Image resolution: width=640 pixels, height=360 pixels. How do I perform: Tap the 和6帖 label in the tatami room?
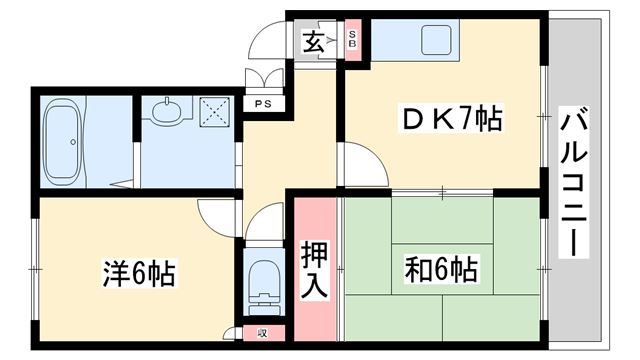[x=440, y=270]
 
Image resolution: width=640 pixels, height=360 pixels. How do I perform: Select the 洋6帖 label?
[x=139, y=272]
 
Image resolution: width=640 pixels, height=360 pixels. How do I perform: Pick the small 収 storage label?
[x=263, y=333]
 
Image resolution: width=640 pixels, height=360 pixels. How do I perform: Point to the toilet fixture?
[x=265, y=285]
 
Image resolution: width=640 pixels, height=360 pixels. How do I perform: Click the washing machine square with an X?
[x=215, y=110]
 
